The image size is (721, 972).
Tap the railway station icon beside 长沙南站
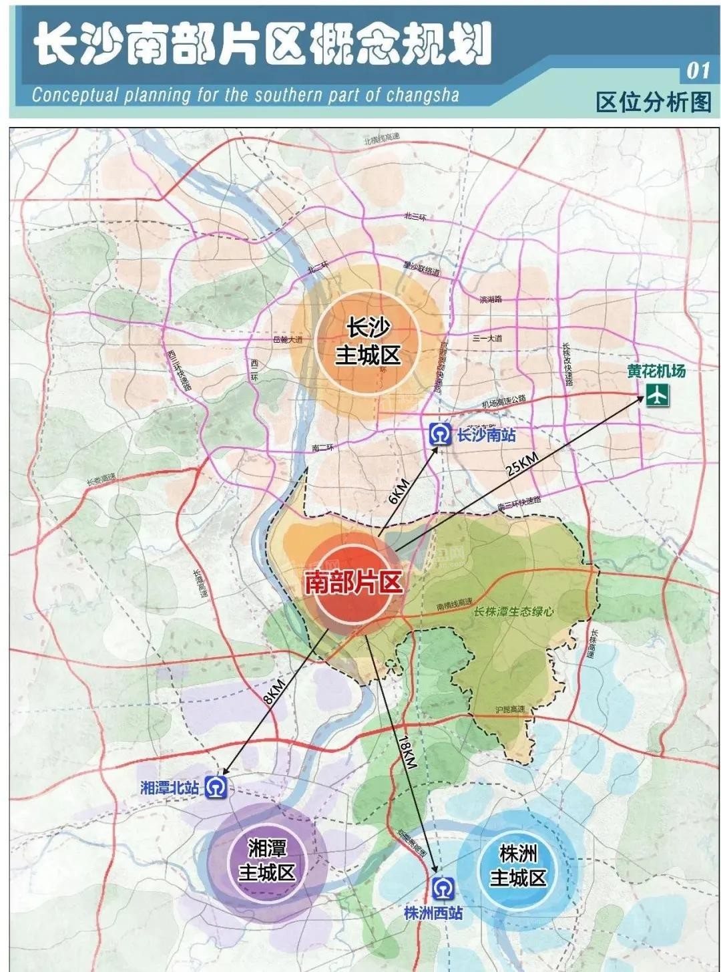(440, 435)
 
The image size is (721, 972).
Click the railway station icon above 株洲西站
(442, 888)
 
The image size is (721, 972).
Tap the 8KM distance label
(274, 691)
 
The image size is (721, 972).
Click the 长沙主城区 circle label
(368, 341)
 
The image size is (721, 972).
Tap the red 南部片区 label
(354, 583)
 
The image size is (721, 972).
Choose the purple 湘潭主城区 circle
(266, 860)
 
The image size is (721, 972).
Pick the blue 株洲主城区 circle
(518, 866)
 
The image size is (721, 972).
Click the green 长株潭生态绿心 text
(513, 611)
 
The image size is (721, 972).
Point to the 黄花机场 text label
(656, 371)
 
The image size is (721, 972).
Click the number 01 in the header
(698, 71)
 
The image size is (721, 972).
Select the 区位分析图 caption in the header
(654, 102)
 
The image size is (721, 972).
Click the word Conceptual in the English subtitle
(74, 96)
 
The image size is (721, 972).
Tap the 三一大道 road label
(487, 339)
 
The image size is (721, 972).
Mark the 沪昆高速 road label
(510, 709)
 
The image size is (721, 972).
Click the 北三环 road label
(415, 216)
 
